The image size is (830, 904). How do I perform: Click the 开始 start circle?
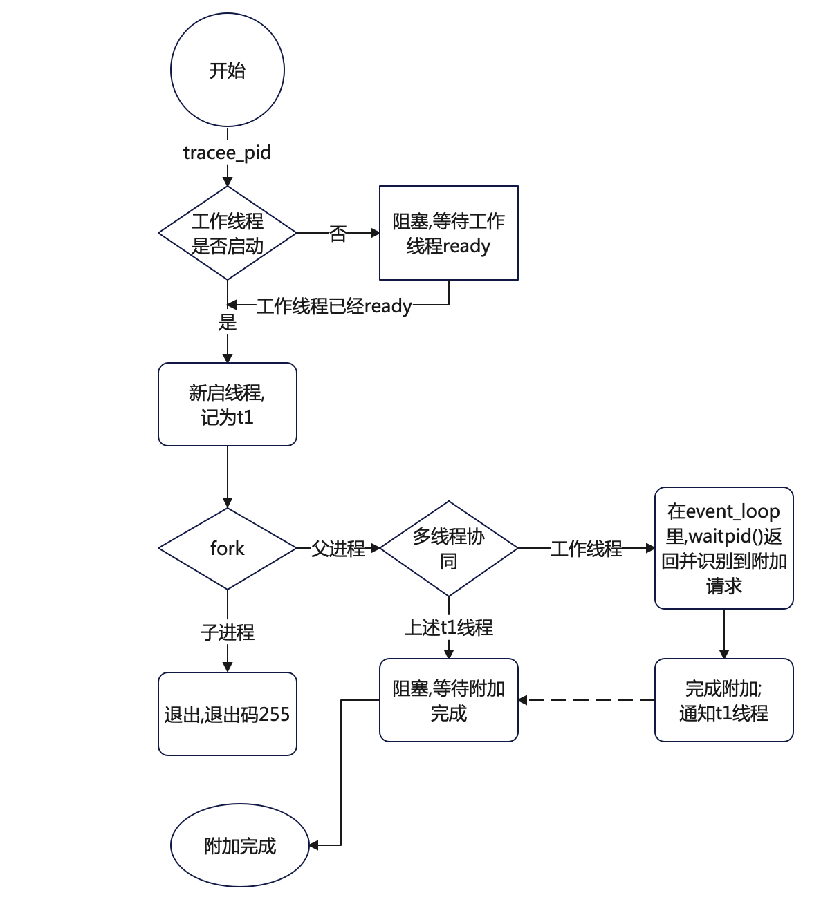(x=228, y=70)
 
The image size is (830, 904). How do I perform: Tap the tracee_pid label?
(x=227, y=153)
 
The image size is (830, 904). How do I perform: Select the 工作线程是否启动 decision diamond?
(x=228, y=233)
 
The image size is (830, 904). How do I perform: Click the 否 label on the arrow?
(x=338, y=234)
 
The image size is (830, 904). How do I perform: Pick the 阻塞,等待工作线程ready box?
(x=449, y=233)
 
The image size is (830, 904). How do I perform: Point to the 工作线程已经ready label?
(x=334, y=305)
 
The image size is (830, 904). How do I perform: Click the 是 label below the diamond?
(x=228, y=322)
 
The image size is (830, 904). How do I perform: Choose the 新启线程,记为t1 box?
(x=228, y=404)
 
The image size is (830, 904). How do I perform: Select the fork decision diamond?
(x=228, y=549)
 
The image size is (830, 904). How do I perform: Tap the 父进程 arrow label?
(x=338, y=549)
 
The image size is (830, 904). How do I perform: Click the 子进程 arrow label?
(x=228, y=632)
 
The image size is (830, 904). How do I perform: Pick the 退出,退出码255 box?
(x=228, y=714)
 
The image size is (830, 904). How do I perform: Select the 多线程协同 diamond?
(x=449, y=549)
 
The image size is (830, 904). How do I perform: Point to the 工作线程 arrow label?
(x=587, y=549)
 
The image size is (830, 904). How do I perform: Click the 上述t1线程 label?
(x=449, y=627)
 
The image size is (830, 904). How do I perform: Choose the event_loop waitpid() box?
(x=724, y=548)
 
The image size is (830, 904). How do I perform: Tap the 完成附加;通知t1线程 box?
(x=724, y=700)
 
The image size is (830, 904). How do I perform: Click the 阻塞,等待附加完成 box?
(x=449, y=700)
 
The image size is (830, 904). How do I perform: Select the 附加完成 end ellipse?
(x=240, y=845)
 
